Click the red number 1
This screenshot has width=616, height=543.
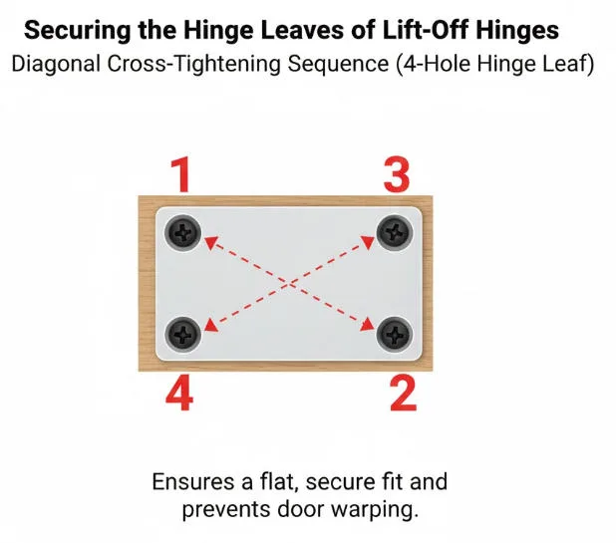(x=181, y=174)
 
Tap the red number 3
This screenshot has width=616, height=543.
(x=397, y=174)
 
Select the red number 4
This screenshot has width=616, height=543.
(x=179, y=393)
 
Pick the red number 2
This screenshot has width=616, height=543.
(x=403, y=393)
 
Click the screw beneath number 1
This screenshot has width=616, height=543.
(x=183, y=232)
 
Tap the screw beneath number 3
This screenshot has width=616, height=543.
(x=395, y=232)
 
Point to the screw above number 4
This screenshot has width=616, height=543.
(x=183, y=335)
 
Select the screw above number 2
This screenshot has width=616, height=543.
(x=395, y=334)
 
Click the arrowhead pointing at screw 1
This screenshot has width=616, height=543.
(x=211, y=242)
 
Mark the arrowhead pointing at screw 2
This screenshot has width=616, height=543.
(x=368, y=325)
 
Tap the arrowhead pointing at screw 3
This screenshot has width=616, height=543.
(x=368, y=242)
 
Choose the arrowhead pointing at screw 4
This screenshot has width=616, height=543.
(x=211, y=325)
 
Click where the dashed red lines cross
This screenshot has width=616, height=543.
(x=289, y=284)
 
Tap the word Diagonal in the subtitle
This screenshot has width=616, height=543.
(x=56, y=64)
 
